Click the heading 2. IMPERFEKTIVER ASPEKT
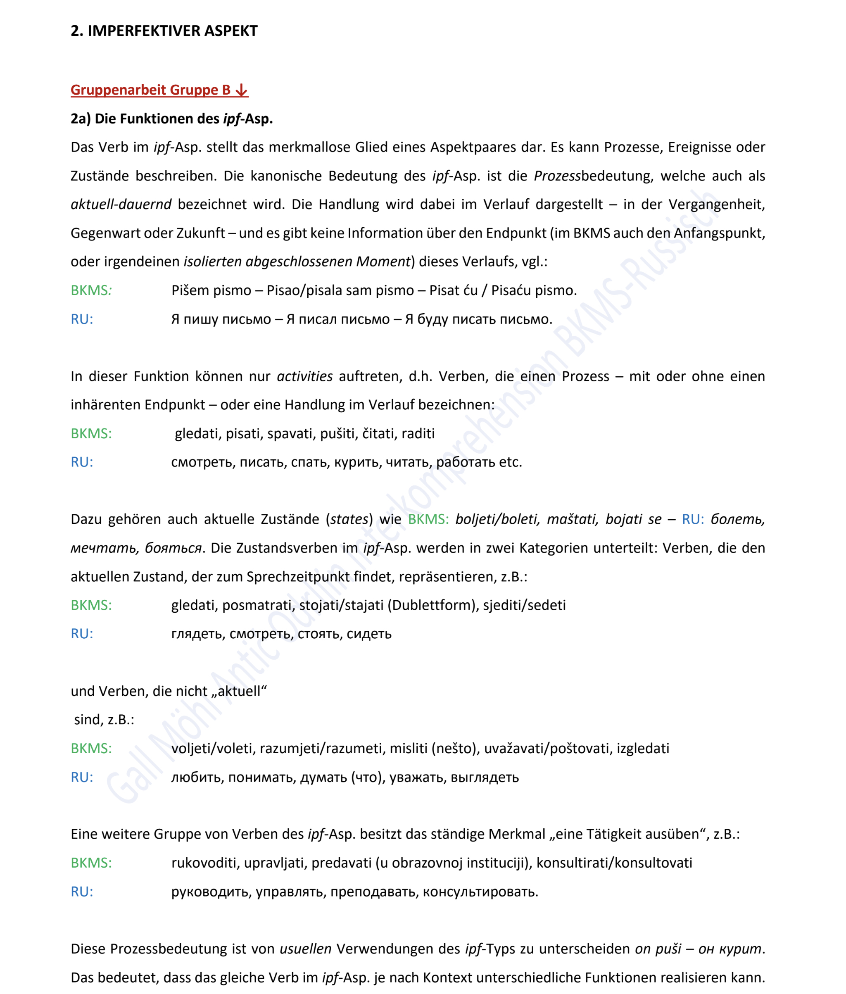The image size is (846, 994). [164, 31]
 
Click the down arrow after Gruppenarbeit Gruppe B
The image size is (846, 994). [242, 90]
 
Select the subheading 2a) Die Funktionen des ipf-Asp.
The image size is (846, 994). [172, 119]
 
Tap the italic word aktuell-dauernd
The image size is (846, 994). [121, 205]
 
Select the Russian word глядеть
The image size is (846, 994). [198, 634]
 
